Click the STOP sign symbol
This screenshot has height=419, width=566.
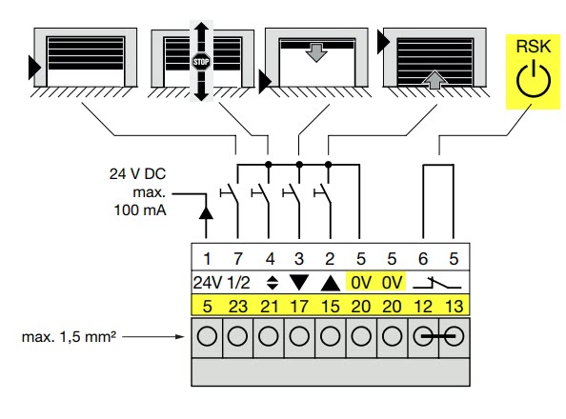point(201,62)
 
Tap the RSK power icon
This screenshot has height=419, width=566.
point(534,78)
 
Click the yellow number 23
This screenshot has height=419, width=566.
point(238,307)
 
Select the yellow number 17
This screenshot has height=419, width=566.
point(299,307)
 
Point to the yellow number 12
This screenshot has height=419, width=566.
point(423,307)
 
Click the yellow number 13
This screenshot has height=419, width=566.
point(454,307)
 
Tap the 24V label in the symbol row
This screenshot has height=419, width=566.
point(207,283)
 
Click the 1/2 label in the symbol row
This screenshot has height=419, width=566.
point(238,283)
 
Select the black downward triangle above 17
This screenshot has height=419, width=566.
point(299,282)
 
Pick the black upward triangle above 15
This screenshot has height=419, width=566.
point(331,284)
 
